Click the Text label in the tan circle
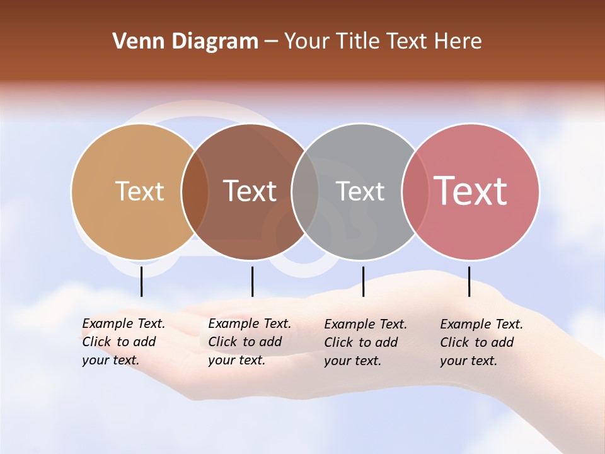click(139, 191)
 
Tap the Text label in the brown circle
click(250, 191)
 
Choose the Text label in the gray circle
click(360, 191)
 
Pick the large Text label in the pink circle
click(471, 191)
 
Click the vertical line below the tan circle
click(142, 281)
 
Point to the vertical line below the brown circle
click(252, 281)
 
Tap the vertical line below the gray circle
click(363, 281)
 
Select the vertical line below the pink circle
click(470, 281)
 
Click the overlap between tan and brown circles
click(195, 191)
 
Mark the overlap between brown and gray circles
click(306, 191)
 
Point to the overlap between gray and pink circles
click(415, 191)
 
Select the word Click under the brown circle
click(222, 342)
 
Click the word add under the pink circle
click(502, 342)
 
